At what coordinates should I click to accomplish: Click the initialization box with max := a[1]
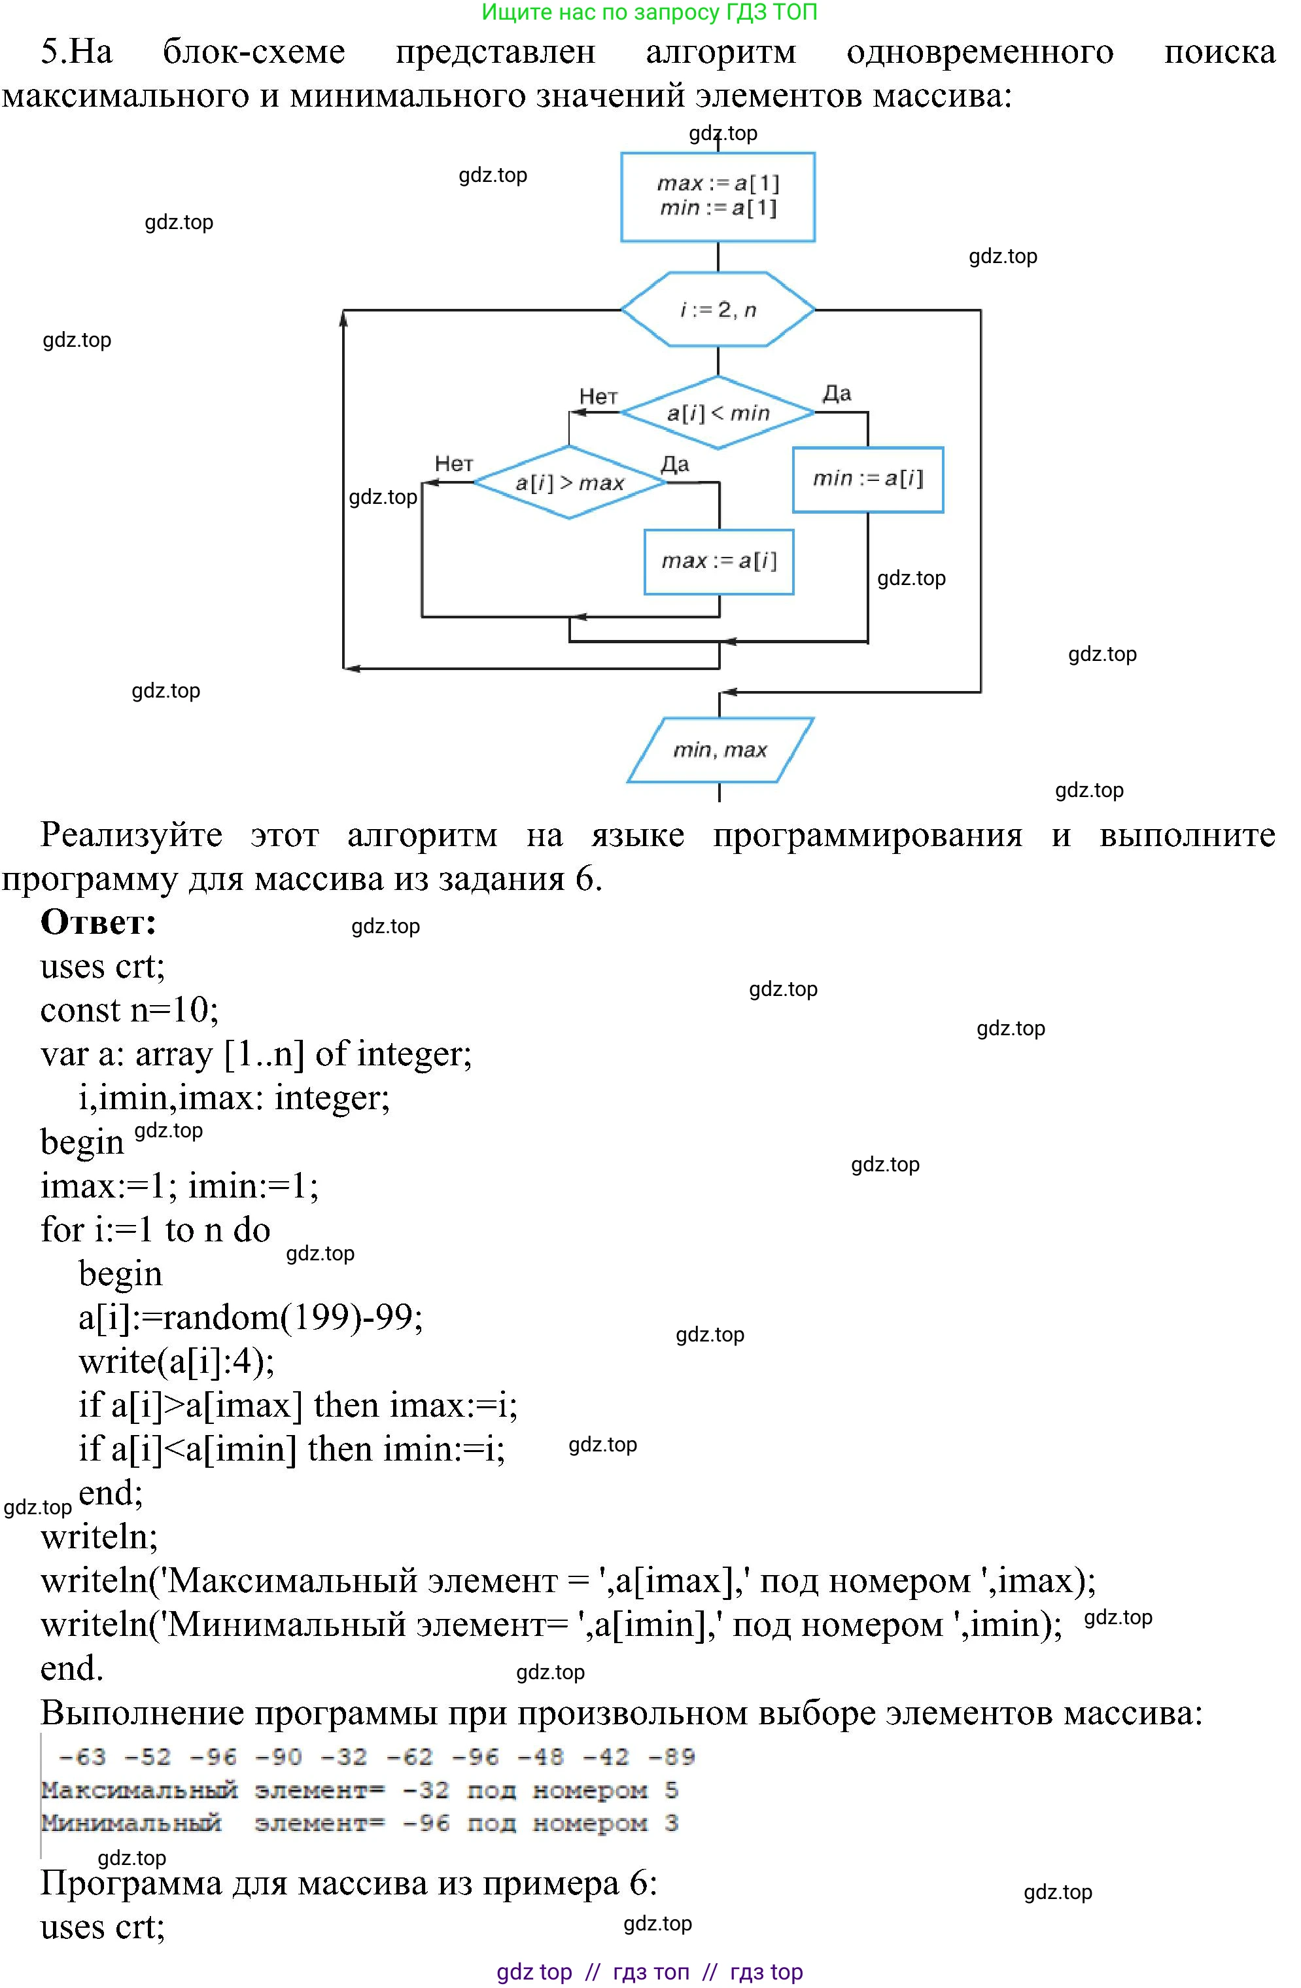point(718,196)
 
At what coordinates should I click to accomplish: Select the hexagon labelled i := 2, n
point(718,309)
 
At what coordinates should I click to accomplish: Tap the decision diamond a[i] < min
point(718,413)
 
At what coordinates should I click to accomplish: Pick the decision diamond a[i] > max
point(570,483)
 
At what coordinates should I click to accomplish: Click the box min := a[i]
point(867,480)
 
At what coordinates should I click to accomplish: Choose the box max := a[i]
point(718,561)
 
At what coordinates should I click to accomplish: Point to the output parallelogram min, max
point(720,750)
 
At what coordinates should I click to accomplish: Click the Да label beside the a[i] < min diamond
point(837,393)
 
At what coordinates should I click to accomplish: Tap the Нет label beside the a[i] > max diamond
point(453,463)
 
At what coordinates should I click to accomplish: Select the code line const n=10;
point(130,1010)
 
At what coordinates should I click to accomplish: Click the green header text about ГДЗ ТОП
point(649,12)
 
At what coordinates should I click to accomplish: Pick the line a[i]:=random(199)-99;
point(251,1317)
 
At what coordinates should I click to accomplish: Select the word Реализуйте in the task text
point(131,834)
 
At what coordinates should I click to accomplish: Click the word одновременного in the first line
point(979,52)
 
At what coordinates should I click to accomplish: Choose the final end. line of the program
point(72,1668)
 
